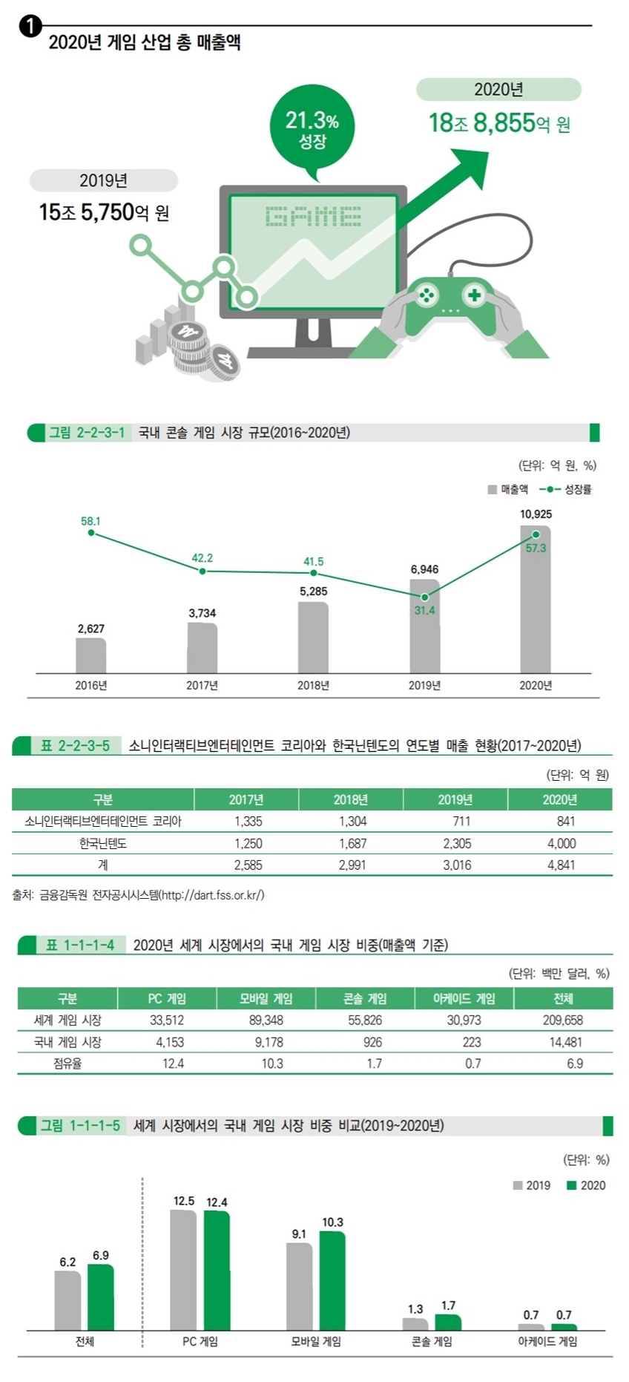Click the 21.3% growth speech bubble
(x=312, y=128)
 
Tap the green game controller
(x=449, y=304)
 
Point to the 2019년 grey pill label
(x=104, y=180)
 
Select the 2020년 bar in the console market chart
(x=536, y=599)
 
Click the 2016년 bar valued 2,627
(x=91, y=655)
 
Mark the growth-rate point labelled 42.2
(x=202, y=571)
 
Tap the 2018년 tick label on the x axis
(x=313, y=685)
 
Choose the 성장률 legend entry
(x=565, y=489)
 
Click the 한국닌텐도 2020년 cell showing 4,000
(x=561, y=843)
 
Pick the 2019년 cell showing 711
(x=461, y=822)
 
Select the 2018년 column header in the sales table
(x=351, y=799)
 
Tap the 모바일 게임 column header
(x=266, y=998)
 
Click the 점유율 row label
(x=67, y=1064)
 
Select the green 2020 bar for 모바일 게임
(x=332, y=1280)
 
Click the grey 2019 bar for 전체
(x=67, y=1300)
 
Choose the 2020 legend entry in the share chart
(x=586, y=1185)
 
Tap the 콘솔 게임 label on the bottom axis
(x=432, y=1342)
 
